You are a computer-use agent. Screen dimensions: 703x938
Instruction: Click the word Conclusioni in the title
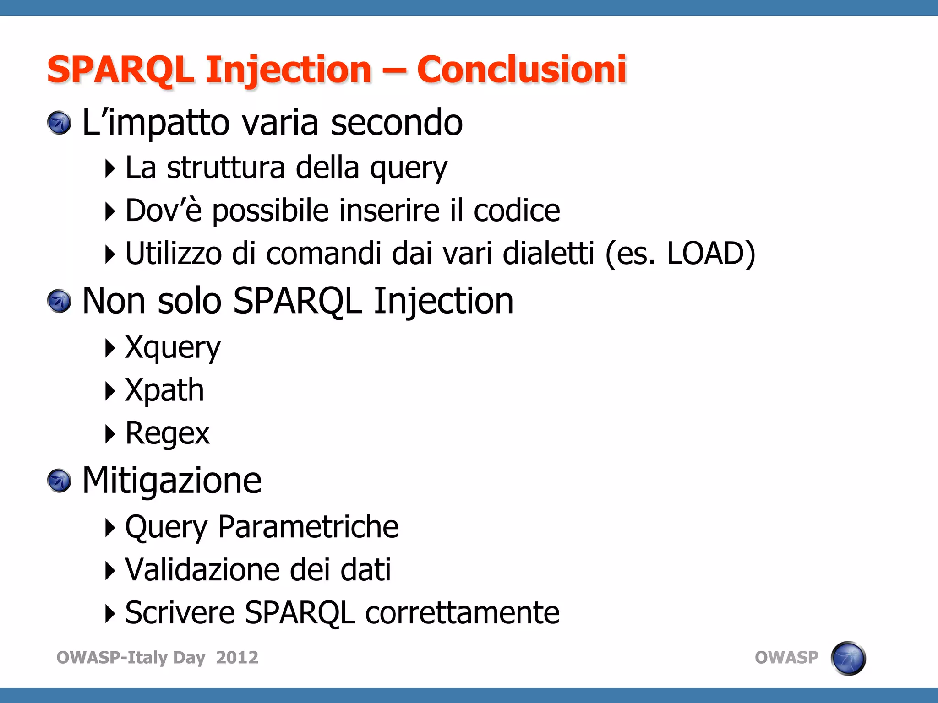(521, 70)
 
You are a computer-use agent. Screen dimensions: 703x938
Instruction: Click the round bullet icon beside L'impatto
(59, 123)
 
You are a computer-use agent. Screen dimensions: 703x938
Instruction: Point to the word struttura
(226, 168)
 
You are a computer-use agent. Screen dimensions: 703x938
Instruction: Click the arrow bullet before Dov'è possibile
(110, 211)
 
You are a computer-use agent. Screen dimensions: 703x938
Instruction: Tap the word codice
(516, 211)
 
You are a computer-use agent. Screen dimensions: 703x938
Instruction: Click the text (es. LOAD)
(680, 253)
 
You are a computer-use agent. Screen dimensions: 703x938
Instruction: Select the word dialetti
(548, 253)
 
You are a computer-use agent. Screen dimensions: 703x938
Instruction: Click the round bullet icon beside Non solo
(59, 301)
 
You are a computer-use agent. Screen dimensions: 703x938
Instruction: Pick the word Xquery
(173, 348)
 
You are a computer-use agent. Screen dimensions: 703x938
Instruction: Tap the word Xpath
(164, 390)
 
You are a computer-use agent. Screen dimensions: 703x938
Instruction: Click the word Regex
(167, 433)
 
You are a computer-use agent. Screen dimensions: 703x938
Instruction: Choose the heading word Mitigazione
(172, 481)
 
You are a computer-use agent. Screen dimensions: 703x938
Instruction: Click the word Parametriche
(308, 527)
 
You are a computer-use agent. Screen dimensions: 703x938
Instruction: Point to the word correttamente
(462, 613)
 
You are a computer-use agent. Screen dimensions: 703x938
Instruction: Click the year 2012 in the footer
(237, 657)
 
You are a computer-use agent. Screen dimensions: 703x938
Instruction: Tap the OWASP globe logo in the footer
(848, 658)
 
